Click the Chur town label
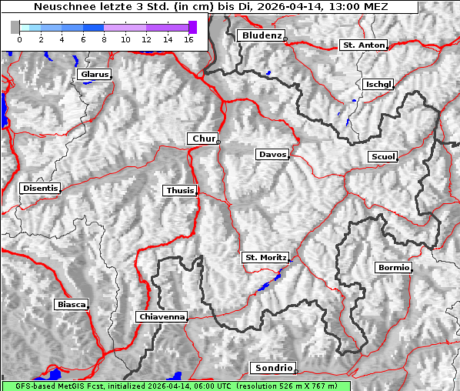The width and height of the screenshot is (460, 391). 203,139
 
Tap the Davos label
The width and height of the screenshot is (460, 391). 272,155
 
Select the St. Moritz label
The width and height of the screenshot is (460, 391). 265,257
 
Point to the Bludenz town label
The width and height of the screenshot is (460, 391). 260,35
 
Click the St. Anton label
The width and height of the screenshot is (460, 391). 363,45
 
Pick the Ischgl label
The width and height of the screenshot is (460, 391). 378,84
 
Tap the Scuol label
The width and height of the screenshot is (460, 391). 382,157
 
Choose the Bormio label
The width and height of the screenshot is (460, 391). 393,268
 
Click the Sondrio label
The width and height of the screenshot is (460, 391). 272,368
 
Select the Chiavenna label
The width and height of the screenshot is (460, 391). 162,316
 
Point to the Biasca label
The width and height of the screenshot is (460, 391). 72,304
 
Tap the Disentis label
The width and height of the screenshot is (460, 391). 39,188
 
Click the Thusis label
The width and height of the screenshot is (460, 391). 180,190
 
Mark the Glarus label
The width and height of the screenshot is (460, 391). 93,75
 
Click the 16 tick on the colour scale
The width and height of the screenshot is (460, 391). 188,38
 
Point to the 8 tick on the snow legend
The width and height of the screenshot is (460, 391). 103,38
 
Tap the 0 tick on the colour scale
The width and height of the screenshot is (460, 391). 19,38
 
